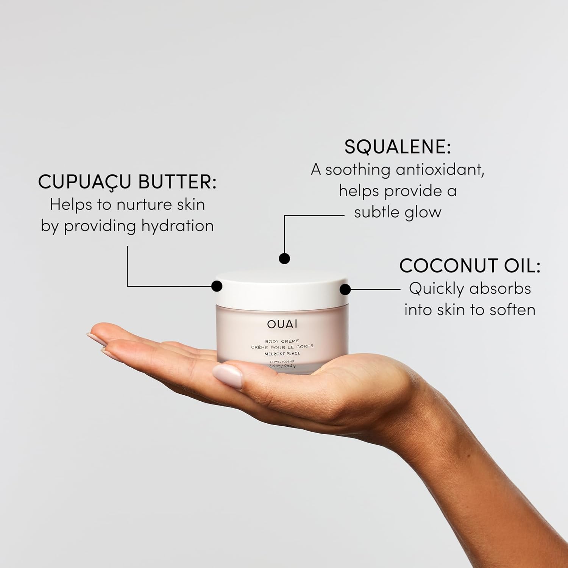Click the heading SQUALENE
coord(397,147)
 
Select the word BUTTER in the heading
coord(177,182)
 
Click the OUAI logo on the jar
coord(282,324)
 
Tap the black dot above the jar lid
coord(284,259)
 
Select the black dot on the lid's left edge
coord(217,286)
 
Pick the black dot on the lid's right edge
coord(345,290)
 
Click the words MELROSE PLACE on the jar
coord(282,354)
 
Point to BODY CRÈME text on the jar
coord(282,341)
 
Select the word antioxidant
coord(440,169)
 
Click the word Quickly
coord(437,289)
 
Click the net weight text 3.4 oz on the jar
coord(274,366)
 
